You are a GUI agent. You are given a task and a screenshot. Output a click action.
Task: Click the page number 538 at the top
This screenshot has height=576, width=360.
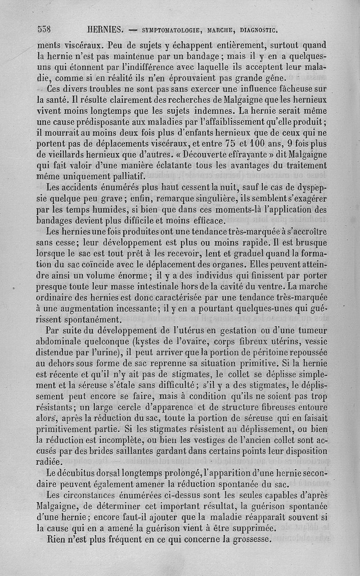click(44, 30)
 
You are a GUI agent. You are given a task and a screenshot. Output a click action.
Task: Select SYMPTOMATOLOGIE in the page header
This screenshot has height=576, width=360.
click(171, 31)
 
